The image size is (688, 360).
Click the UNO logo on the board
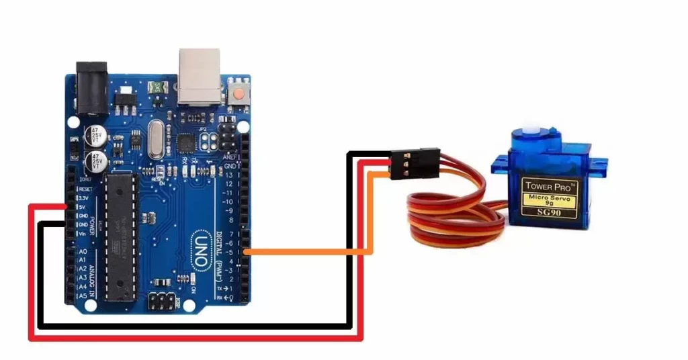click(202, 246)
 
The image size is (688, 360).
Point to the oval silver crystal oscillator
click(156, 139)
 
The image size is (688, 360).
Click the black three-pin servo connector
click(415, 163)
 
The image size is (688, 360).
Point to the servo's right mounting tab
click(599, 163)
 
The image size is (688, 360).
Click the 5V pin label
click(81, 207)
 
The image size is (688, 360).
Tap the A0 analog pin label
click(83, 251)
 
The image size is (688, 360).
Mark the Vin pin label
click(82, 233)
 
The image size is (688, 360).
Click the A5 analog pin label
click(83, 295)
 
